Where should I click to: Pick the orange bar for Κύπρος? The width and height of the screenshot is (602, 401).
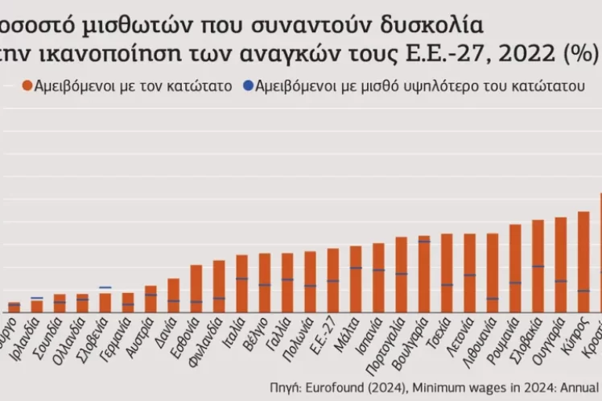[x=584, y=262]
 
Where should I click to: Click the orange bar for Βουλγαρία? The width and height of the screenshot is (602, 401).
[x=424, y=274]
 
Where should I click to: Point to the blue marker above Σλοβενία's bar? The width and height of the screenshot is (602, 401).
[x=105, y=287]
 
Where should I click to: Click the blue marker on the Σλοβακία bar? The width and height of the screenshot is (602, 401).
[x=538, y=267]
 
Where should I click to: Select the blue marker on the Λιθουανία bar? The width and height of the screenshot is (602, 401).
[x=493, y=299]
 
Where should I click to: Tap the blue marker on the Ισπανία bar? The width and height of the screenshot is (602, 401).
[x=378, y=271]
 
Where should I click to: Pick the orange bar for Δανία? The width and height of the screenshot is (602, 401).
[x=173, y=296]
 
